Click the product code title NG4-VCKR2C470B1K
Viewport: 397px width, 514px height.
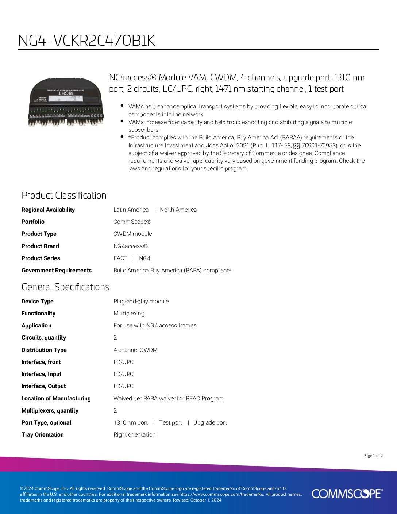[x=86, y=41]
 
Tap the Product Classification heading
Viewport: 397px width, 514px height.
[x=64, y=195]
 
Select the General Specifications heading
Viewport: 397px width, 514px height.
[x=65, y=287]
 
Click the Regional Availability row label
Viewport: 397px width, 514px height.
[x=48, y=210]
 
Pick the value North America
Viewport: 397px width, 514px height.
[x=178, y=210]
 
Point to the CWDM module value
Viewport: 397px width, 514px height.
[x=132, y=234]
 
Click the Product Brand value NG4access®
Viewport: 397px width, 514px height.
[x=131, y=246]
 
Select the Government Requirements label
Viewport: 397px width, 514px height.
[x=57, y=270]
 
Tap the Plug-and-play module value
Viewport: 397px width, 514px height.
[x=141, y=301]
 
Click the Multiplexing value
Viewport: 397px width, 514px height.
[x=129, y=313]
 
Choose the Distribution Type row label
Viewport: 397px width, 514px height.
[x=44, y=350]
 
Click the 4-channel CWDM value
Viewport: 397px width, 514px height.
[x=135, y=350]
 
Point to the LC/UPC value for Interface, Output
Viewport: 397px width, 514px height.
[x=123, y=386]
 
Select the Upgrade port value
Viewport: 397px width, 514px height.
[x=210, y=422]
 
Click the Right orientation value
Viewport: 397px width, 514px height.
[x=134, y=434]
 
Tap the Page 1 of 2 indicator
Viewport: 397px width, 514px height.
[x=373, y=456]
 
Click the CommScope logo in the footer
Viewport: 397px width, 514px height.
[x=347, y=494]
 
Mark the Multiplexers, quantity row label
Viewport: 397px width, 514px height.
[x=50, y=410]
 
